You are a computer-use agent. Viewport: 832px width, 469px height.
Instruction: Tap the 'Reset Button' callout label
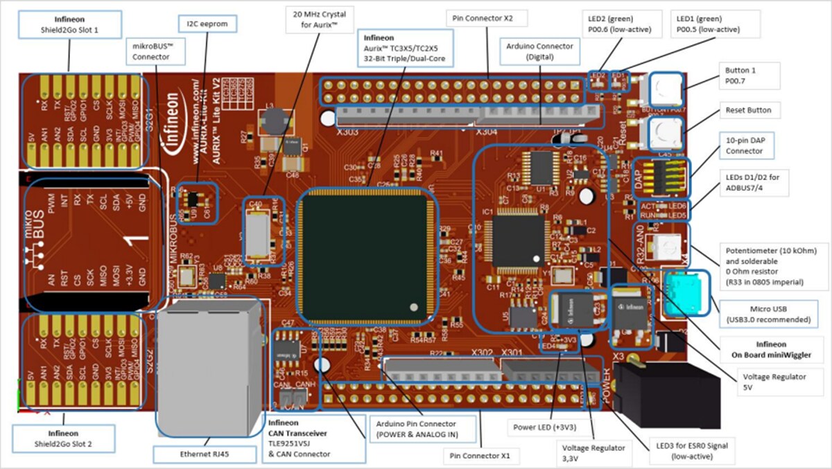point(748,110)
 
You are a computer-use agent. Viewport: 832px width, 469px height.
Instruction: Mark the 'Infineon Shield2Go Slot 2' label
point(63,437)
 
